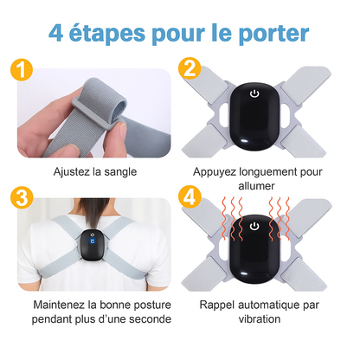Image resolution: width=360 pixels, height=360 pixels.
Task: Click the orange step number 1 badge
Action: point(22,70)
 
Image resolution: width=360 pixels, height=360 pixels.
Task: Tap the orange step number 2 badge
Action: point(190,68)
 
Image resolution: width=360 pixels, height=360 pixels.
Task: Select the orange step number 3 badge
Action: point(22,197)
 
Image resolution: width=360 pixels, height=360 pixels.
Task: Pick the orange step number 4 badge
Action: point(190,196)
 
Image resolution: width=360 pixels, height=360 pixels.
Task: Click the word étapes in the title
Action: point(107,34)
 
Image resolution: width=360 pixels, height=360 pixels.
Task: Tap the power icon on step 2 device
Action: point(254,93)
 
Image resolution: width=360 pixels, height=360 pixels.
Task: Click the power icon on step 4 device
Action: point(254,226)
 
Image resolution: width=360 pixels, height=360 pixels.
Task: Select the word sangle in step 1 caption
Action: point(120,172)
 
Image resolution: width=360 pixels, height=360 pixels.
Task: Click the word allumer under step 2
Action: point(256,186)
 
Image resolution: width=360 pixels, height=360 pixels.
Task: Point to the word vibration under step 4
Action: point(260,319)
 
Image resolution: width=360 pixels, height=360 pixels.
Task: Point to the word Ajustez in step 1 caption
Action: point(72,172)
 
